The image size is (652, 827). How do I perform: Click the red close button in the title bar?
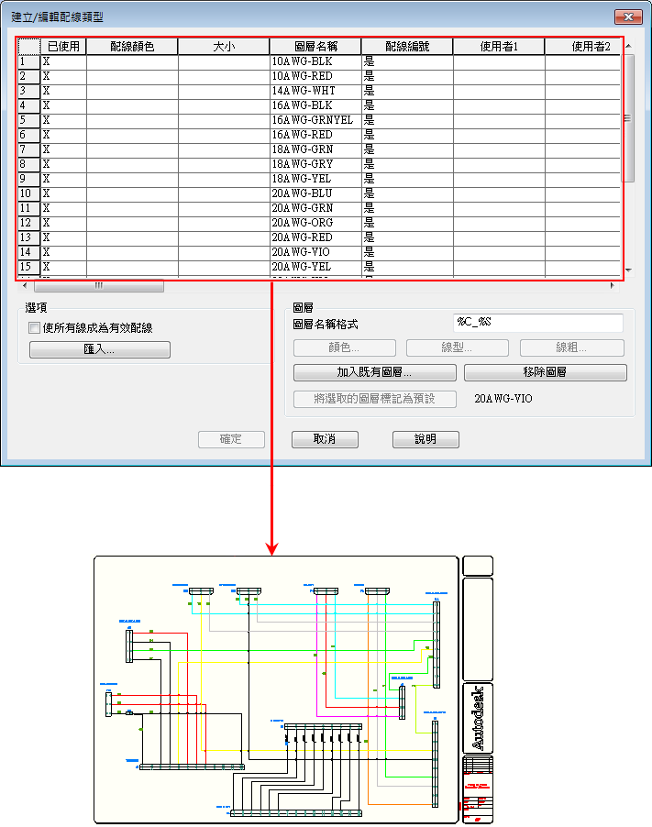point(628,17)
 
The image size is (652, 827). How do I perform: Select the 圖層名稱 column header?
point(315,46)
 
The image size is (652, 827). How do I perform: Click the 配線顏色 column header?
point(132,46)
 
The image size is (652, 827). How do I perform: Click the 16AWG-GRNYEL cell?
point(312,120)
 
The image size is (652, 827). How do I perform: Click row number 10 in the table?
point(27,193)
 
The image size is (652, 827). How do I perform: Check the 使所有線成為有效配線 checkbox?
point(35,327)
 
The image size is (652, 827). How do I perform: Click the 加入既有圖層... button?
point(374,373)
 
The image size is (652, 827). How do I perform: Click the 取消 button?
point(324,439)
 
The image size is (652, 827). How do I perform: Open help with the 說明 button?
point(425,439)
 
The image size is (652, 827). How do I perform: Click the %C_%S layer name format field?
point(538,323)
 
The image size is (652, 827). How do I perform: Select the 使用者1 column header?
point(498,46)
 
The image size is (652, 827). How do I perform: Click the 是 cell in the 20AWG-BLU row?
point(370,193)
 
